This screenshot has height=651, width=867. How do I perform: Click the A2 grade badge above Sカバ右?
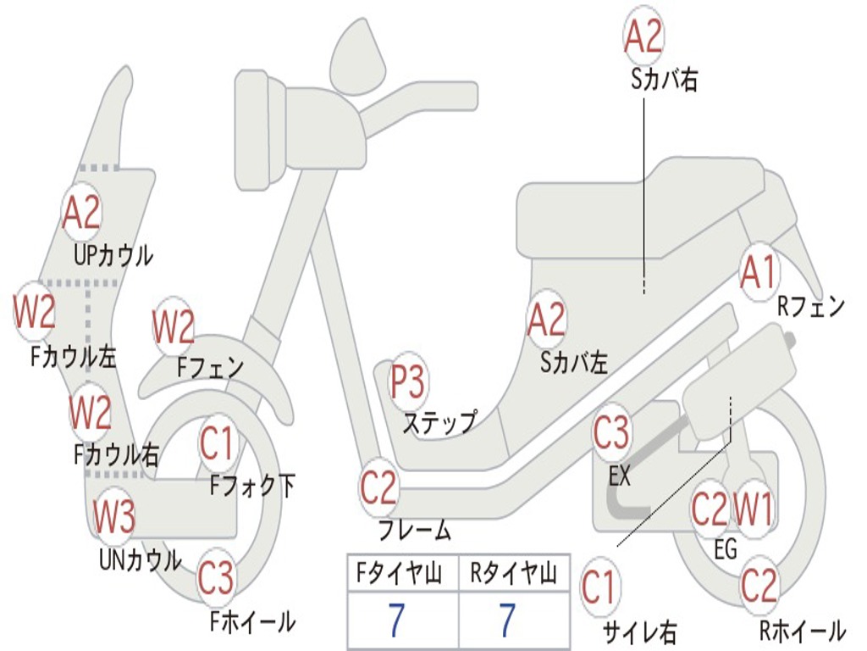tap(643, 36)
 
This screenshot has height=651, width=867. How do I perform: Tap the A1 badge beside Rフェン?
tap(759, 271)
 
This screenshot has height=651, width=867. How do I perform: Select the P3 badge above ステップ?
tap(407, 381)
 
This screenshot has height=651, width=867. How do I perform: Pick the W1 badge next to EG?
tap(753, 509)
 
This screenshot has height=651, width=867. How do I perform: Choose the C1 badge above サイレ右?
tap(599, 586)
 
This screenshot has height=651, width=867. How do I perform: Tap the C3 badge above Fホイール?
tap(216, 576)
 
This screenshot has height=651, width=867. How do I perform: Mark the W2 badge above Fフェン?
tap(173, 326)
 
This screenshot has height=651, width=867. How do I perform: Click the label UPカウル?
tap(113, 256)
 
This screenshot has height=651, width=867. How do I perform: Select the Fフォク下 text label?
tap(252, 486)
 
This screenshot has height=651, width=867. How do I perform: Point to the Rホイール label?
tap(803, 631)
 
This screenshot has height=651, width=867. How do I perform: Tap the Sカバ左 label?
tap(574, 363)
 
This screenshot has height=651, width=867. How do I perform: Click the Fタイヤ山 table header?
tap(400, 573)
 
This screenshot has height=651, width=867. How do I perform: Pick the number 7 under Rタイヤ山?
tap(508, 620)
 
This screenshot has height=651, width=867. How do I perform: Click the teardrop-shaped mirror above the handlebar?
tap(358, 54)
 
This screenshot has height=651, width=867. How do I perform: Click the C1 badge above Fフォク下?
tap(218, 442)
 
